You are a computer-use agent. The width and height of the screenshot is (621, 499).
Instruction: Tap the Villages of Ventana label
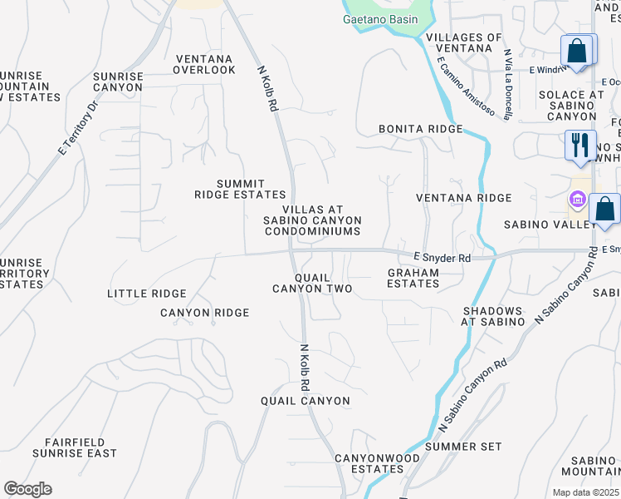tap(463, 43)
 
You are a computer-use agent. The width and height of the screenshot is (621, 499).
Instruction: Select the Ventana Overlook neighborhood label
tap(204, 64)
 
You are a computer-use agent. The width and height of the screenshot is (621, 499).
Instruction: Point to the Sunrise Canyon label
tap(118, 82)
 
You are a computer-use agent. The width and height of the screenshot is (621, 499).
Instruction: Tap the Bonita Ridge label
tap(419, 130)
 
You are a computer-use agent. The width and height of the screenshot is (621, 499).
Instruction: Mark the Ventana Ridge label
tap(463, 198)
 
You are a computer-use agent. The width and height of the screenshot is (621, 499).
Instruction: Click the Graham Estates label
tap(413, 278)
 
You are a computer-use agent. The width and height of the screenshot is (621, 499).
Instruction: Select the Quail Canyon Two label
tap(312, 283)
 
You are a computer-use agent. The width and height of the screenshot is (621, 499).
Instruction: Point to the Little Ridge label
tap(146, 294)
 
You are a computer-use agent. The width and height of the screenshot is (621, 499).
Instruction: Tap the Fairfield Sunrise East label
tap(75, 447)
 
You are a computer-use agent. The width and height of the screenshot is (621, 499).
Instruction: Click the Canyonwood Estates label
tap(377, 463)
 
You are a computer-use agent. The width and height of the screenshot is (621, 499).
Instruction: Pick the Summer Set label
tap(463, 447)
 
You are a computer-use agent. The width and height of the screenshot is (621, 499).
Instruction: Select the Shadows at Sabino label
tap(493, 315)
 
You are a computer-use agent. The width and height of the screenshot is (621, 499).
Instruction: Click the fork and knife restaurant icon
tap(579, 145)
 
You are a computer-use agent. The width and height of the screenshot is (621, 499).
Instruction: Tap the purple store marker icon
tap(577, 200)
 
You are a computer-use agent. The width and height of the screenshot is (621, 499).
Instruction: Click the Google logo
tap(27, 489)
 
